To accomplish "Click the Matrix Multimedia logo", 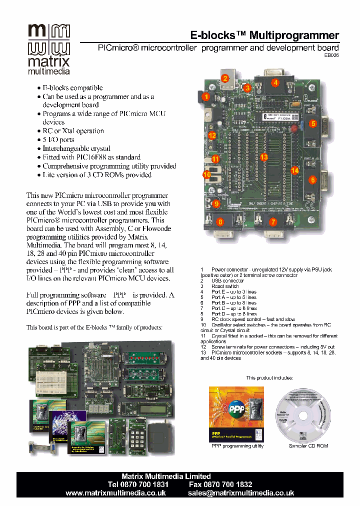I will [48, 48].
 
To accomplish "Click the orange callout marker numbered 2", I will [225, 78].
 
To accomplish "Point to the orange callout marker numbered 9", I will [216, 203].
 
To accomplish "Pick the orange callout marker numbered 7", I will [273, 221].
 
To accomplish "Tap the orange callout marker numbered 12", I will [212, 135].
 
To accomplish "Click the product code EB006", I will [331, 56].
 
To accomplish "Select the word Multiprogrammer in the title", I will [294, 35].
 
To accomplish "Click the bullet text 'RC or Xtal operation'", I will [73, 131].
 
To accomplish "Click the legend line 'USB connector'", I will [227, 281].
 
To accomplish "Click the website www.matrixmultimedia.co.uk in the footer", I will [115, 493].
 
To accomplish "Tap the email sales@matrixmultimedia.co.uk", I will [240, 493].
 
